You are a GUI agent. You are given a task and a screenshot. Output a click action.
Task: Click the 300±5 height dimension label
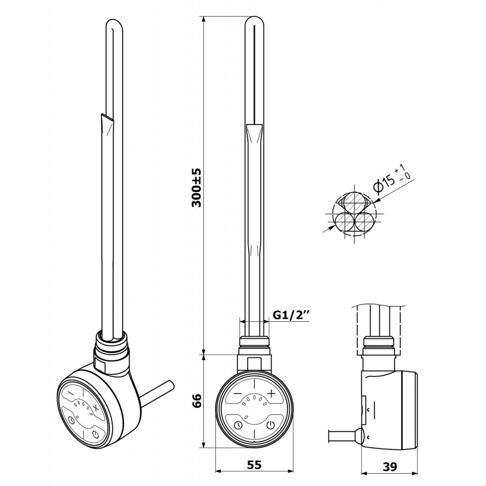click(x=197, y=188)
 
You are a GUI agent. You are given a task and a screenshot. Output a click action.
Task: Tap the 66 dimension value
click(x=197, y=401)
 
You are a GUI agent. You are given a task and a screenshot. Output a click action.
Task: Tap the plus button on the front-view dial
click(x=271, y=393)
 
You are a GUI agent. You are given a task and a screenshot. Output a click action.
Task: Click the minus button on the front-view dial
click(x=237, y=393)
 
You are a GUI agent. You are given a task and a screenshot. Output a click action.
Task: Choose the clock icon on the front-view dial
click(x=238, y=425)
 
